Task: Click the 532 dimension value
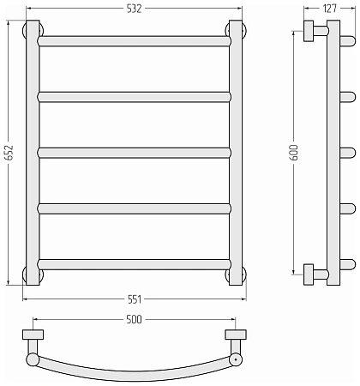[x=134, y=9]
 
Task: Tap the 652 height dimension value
[x=9, y=153]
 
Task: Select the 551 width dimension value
[x=135, y=299]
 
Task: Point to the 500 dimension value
[x=134, y=319]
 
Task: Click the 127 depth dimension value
[x=330, y=9]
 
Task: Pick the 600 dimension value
[x=295, y=153]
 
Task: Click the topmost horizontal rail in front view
[x=134, y=41]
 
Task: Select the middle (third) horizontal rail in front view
[x=134, y=153]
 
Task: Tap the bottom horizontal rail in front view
[x=134, y=264]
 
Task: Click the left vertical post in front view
[x=33, y=153]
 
